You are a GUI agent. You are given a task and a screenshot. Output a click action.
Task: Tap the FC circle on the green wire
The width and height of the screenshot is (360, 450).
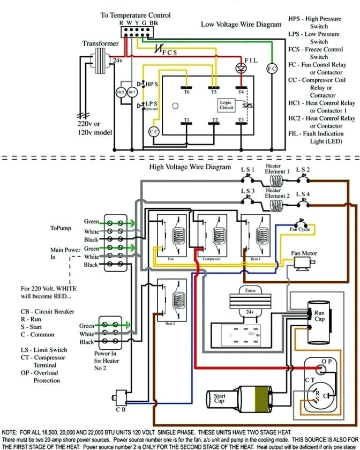pos(272,69)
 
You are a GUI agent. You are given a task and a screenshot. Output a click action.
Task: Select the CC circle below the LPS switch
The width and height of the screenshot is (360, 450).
pos(154,132)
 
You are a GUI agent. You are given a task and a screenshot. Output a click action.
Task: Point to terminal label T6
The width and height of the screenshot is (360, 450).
pos(186,92)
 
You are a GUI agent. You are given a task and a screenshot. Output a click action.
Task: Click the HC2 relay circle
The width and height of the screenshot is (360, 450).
pos(121,92)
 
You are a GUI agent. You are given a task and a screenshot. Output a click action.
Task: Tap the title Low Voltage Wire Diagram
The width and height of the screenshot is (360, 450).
pos(241,25)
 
